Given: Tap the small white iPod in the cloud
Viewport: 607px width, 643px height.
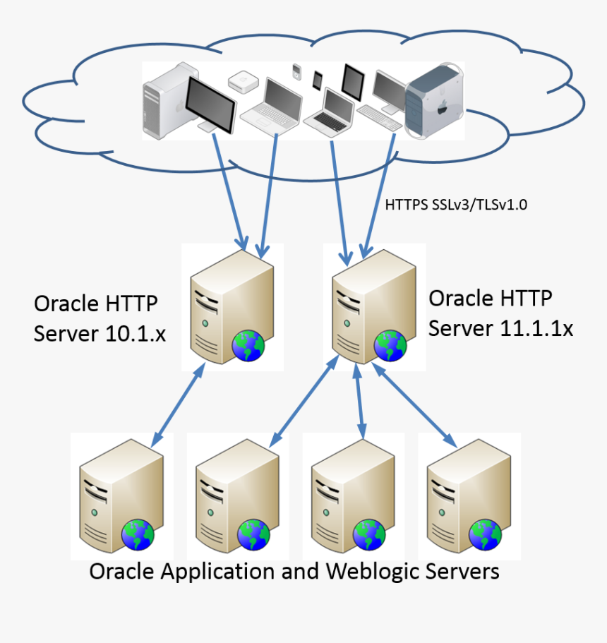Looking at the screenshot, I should (297, 71).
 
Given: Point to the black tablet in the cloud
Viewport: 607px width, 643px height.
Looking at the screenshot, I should (352, 82).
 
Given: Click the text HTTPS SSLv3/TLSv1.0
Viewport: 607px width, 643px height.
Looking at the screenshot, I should (457, 205).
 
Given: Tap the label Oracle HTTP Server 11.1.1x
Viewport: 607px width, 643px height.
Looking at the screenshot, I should (501, 313).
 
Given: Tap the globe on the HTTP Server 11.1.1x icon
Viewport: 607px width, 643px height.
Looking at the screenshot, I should (390, 345).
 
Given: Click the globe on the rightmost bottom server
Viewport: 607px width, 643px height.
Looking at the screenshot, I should (486, 534).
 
